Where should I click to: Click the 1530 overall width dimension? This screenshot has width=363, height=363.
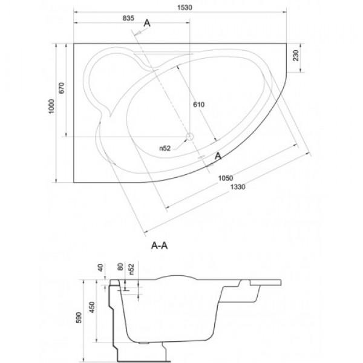[x=185, y=8]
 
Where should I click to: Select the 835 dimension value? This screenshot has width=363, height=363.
[x=128, y=18]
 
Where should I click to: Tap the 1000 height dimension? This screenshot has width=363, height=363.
[x=51, y=106]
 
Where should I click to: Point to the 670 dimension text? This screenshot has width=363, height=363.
[x=61, y=88]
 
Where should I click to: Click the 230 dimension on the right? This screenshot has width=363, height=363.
[x=296, y=56]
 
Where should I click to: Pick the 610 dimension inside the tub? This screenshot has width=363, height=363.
[x=198, y=105]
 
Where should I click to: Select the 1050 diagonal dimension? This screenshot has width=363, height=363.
[x=226, y=178]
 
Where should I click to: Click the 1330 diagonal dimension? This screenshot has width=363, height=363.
[x=238, y=186]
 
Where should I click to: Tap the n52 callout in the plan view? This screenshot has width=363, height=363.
[x=165, y=148]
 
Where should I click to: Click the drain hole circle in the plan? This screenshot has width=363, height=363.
[x=190, y=137]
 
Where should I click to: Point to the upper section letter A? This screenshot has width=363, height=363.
[x=147, y=23]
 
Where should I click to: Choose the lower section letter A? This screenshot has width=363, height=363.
[x=218, y=156]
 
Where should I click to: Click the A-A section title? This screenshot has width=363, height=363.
[x=159, y=246]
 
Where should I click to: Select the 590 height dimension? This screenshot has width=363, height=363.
[x=79, y=318]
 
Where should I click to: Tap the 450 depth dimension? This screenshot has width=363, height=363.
[x=92, y=307]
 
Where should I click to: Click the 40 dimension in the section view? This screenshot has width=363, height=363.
[x=100, y=268]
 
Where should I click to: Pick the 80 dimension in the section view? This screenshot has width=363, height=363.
[x=120, y=267]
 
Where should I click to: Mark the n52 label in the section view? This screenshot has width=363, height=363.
[x=131, y=269]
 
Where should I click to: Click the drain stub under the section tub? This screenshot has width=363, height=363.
[x=144, y=343]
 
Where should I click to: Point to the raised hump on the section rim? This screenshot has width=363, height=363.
[x=177, y=277]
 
